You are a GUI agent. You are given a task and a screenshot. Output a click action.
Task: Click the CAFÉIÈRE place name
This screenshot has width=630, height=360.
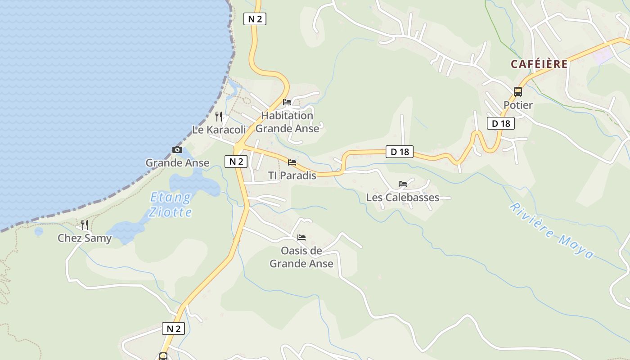(539, 64)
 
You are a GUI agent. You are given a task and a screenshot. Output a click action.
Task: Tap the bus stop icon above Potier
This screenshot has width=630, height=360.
(518, 92)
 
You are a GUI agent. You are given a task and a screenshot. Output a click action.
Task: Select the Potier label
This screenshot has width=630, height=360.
(518, 105)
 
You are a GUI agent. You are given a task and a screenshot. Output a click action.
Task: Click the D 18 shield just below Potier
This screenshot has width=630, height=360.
(500, 123)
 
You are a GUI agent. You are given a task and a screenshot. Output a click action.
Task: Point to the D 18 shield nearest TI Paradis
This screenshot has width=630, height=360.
(400, 152)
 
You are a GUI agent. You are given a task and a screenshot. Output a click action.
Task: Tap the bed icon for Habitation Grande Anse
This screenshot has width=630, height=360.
(287, 102)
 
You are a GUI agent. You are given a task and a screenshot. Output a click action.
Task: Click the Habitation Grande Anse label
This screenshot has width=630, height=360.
(287, 122)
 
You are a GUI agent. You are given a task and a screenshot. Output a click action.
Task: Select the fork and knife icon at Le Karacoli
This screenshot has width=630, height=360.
(219, 117)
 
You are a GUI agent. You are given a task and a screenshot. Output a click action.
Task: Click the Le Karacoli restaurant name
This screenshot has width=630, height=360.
(219, 130)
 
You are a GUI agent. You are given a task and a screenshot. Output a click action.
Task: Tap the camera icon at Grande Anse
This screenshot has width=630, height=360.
(177, 149)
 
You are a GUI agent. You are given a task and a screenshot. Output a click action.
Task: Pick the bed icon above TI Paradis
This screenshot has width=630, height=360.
(292, 162)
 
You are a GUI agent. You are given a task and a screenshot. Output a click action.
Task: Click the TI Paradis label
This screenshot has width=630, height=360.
(292, 175)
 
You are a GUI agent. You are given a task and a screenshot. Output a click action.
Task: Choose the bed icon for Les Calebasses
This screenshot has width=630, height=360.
(403, 184)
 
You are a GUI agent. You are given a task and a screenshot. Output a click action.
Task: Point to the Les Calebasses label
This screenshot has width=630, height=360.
(403, 198)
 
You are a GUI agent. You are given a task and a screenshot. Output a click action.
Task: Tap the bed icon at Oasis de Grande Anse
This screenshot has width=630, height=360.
(301, 237)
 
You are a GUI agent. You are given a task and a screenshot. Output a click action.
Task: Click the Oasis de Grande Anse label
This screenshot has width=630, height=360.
(301, 257)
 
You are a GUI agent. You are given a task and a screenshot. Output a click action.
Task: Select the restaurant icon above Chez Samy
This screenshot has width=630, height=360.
(84, 225)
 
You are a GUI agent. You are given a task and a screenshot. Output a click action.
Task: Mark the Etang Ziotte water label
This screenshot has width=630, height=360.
(171, 205)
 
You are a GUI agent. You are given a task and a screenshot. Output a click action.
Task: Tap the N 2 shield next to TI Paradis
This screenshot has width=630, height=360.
(236, 162)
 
